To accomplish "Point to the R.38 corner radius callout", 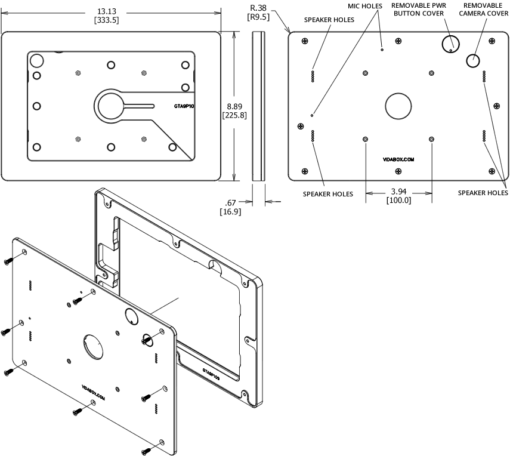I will point(259,7).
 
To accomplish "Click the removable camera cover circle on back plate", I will point(473,59).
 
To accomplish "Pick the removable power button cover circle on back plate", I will point(451,44).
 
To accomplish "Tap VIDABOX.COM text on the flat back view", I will point(398,160).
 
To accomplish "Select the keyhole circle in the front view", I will point(111,105).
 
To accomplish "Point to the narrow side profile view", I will point(258,106).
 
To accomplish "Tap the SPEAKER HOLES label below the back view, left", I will point(327,194).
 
